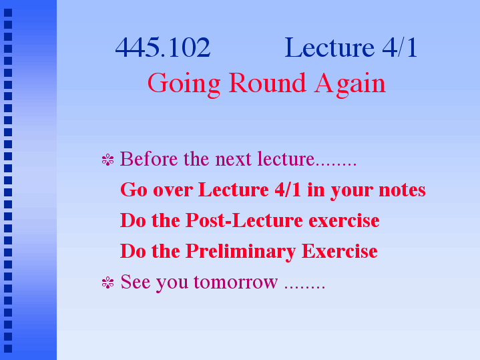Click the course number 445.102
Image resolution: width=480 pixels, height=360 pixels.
coord(163,47)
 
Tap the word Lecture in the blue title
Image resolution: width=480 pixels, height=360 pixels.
coord(329,47)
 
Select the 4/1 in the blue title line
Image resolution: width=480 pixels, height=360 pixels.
coord(400,47)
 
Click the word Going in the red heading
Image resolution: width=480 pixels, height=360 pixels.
coord(184,84)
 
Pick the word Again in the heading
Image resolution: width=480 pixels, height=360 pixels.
coord(350,84)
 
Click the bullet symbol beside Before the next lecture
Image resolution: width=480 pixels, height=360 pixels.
coord(107,160)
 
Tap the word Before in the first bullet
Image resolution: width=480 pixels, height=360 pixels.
coord(149,159)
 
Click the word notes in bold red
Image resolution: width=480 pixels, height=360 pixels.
coord(403,190)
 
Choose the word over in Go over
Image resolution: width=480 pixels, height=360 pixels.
coord(173,190)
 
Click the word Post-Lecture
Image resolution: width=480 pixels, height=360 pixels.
coord(244,220)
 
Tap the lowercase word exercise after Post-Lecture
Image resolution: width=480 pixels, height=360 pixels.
coord(344,220)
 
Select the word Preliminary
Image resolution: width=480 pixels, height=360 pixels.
coord(240,252)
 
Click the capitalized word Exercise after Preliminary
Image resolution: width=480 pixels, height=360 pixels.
coord(340,251)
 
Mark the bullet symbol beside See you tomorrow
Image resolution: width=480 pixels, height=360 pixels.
coord(107,283)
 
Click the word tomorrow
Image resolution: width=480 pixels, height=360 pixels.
coord(236,282)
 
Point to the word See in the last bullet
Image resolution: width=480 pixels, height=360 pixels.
coord(136,282)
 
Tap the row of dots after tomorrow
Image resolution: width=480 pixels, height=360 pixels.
coord(304,287)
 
